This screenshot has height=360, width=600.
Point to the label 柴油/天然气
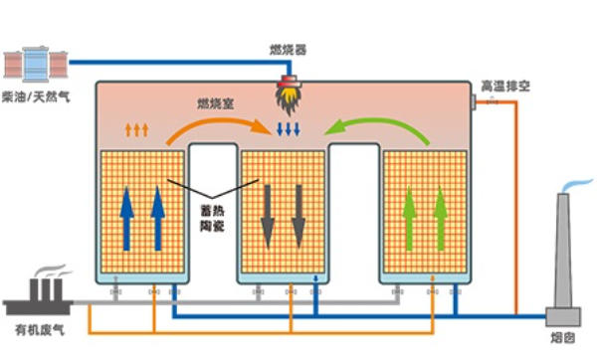(37, 95)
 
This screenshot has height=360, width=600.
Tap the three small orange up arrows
(137, 129)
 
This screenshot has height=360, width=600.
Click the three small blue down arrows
(288, 129)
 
